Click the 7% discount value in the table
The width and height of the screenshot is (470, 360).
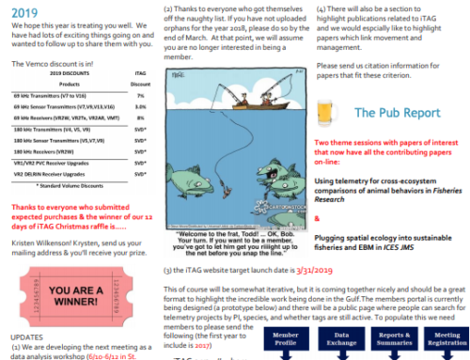click(x=139, y=96)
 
